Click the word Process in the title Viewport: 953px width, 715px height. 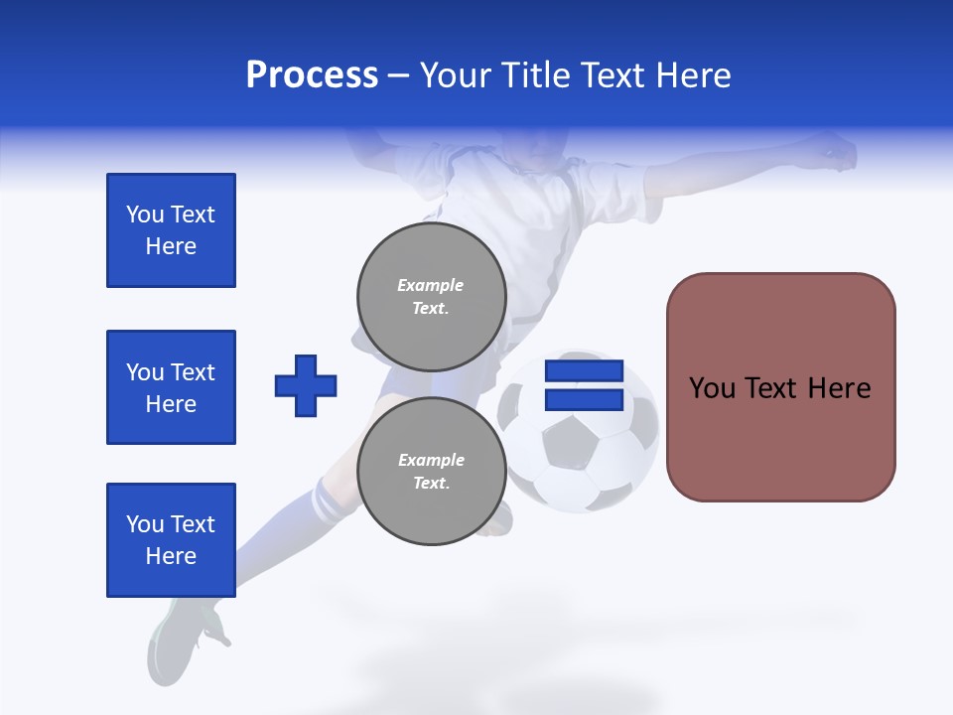pyautogui.click(x=312, y=75)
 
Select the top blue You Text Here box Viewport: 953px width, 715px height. pyautogui.click(x=171, y=230)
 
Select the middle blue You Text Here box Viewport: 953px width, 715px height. pyautogui.click(x=171, y=387)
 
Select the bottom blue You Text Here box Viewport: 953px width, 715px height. pyautogui.click(x=171, y=540)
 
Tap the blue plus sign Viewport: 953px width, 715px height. pyautogui.click(x=306, y=385)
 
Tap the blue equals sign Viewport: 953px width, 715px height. pyautogui.click(x=584, y=385)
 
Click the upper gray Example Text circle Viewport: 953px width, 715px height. pyautogui.click(x=431, y=296)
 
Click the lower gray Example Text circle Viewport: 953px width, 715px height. pyautogui.click(x=431, y=471)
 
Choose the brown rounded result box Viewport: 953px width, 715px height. pyautogui.click(x=780, y=387)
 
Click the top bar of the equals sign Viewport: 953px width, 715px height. pyautogui.click(x=584, y=371)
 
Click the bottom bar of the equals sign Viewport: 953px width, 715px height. pyautogui.click(x=584, y=399)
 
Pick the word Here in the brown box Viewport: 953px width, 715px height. pyautogui.click(x=839, y=388)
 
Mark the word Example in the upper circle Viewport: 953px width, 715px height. pyautogui.click(x=431, y=285)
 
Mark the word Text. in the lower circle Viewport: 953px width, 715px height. pyautogui.click(x=431, y=484)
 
